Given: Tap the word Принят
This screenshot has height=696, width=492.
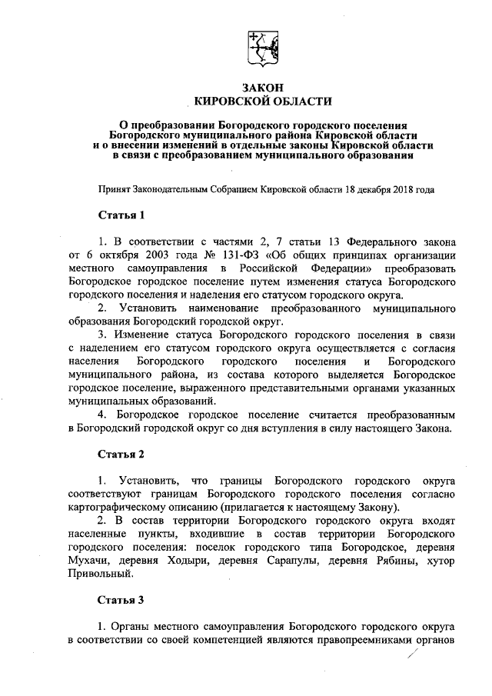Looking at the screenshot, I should pos(115,188).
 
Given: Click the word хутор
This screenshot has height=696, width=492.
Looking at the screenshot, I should pos(445,560).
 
